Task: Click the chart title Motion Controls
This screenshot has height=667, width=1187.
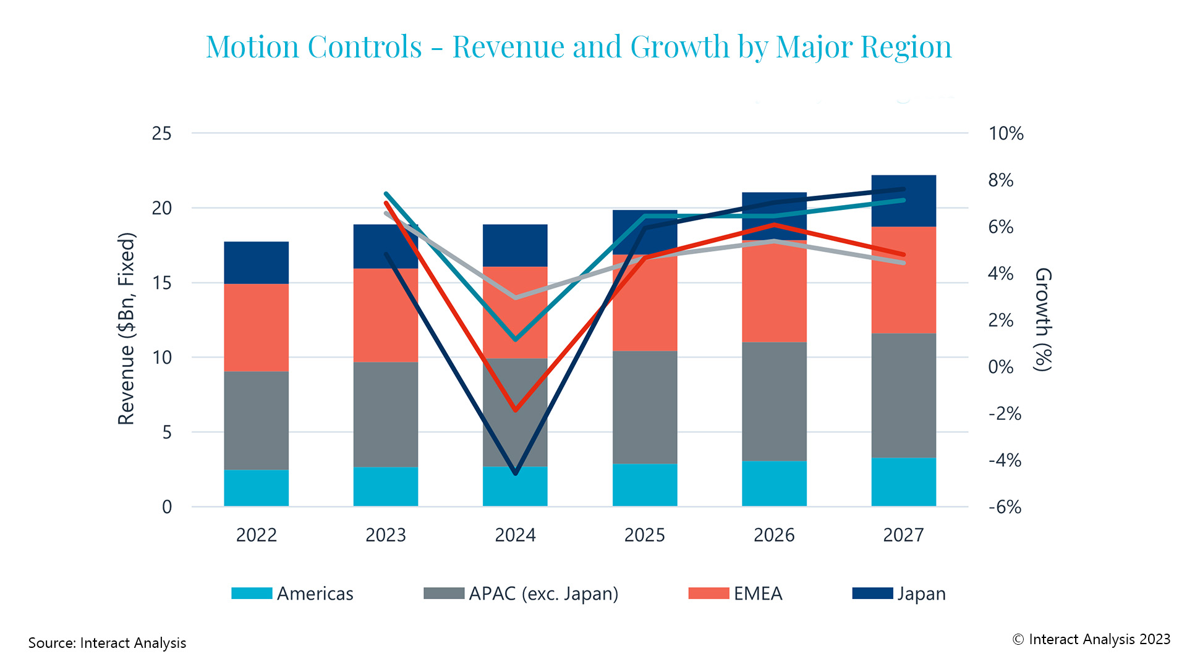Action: click(578, 47)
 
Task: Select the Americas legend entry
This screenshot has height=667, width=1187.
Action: click(292, 594)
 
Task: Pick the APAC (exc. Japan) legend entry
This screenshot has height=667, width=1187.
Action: click(521, 594)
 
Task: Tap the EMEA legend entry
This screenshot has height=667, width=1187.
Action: click(735, 594)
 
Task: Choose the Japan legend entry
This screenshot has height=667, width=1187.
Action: click(899, 594)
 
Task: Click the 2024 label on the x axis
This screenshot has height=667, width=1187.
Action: click(515, 535)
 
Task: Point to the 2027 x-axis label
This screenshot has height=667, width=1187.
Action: click(903, 535)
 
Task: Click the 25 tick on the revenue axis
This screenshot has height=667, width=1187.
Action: click(161, 133)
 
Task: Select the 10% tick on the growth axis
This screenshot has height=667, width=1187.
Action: click(1006, 133)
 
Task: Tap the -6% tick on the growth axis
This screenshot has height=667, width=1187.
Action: click(1005, 507)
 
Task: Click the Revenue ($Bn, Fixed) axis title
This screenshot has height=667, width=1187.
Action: click(126, 329)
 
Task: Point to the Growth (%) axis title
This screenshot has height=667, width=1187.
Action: click(1043, 319)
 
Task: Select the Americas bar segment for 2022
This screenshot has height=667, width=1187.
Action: click(256, 488)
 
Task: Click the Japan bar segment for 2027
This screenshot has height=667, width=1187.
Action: click(903, 201)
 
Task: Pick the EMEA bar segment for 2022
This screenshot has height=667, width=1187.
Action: click(256, 327)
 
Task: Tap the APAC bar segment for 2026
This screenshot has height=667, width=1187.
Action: click(774, 401)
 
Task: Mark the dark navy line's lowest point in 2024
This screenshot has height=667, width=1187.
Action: click(516, 473)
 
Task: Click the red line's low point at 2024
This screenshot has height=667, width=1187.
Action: click(516, 409)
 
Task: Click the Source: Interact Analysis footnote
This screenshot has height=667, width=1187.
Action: click(107, 643)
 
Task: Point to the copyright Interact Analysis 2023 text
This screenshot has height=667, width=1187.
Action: click(1091, 639)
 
